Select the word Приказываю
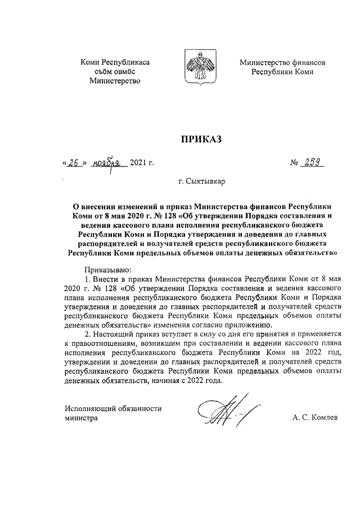[x=107, y=269]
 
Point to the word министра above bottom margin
[x=81, y=418]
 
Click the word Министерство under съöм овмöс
[x=115, y=81]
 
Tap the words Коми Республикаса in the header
[x=115, y=62]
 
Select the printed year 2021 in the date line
[x=138, y=164]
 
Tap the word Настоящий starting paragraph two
[x=115, y=334]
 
